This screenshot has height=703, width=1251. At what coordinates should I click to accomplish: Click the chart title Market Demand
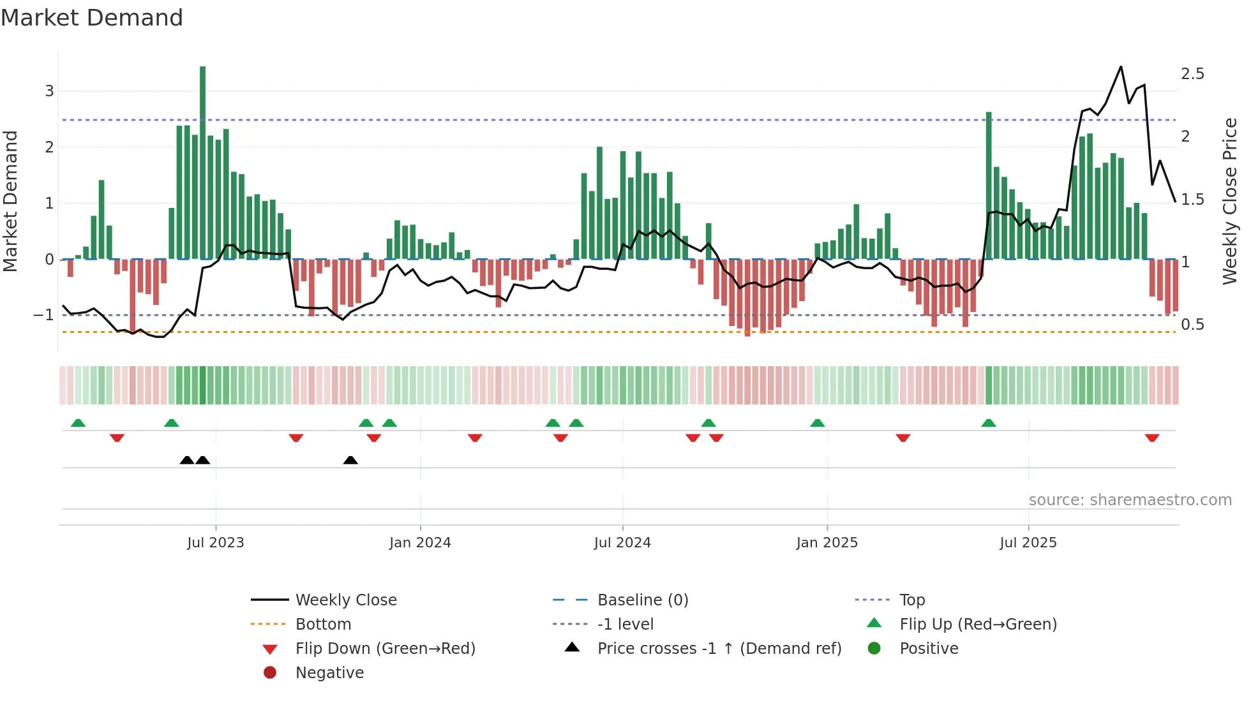click(92, 18)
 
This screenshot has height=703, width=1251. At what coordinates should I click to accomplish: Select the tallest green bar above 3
click(202, 159)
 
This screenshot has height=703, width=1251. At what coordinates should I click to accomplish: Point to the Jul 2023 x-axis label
click(216, 543)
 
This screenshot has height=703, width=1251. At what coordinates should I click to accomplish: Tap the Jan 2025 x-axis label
click(827, 543)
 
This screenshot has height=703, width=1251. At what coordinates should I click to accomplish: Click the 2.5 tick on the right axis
click(1192, 74)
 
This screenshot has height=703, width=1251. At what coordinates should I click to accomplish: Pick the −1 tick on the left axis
click(43, 315)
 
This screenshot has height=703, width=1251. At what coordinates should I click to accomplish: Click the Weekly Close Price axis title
click(1230, 201)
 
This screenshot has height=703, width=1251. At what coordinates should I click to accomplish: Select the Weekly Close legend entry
click(345, 600)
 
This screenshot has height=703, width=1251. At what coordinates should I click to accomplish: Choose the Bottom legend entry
click(323, 625)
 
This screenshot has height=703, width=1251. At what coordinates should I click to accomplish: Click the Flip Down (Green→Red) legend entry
click(385, 649)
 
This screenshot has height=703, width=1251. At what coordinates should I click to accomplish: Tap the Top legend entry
click(912, 600)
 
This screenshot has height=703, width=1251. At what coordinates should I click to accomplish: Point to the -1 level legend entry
click(625, 625)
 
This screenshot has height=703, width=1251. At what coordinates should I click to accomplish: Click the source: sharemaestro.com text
click(1130, 500)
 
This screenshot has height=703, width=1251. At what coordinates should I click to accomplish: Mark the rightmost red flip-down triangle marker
click(1152, 438)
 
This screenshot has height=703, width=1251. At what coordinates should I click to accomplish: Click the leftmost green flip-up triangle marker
click(78, 423)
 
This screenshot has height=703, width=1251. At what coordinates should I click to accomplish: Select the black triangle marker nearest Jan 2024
click(350, 460)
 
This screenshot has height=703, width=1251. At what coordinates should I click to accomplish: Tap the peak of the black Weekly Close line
click(1121, 67)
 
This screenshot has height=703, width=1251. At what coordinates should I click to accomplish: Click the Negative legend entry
click(329, 673)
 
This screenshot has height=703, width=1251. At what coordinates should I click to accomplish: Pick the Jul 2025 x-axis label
click(1028, 543)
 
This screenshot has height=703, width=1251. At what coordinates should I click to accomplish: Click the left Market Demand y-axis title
click(11, 201)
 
